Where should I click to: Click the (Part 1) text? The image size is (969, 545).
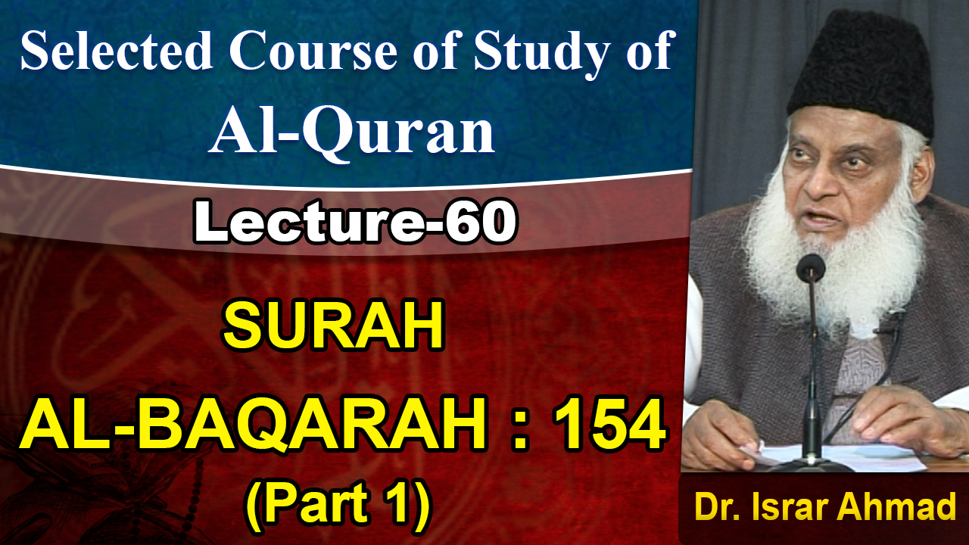click(338, 503)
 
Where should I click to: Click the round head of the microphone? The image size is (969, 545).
click(811, 267)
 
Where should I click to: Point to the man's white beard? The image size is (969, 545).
click(833, 242)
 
